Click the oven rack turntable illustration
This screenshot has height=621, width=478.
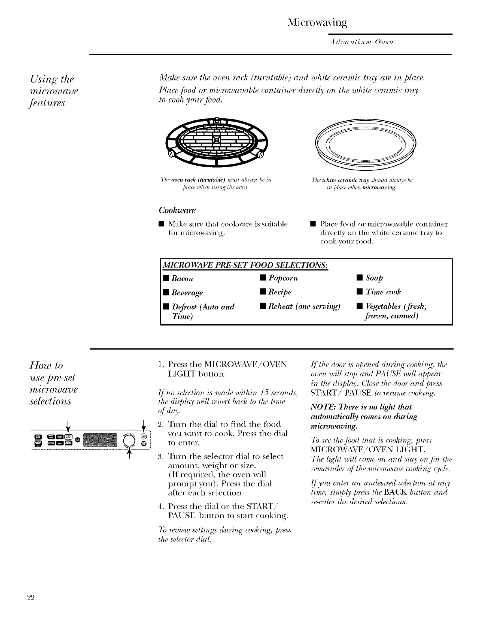(x=216, y=142)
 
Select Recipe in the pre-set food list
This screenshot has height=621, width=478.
(x=280, y=292)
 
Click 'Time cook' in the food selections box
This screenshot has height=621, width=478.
(x=383, y=292)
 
